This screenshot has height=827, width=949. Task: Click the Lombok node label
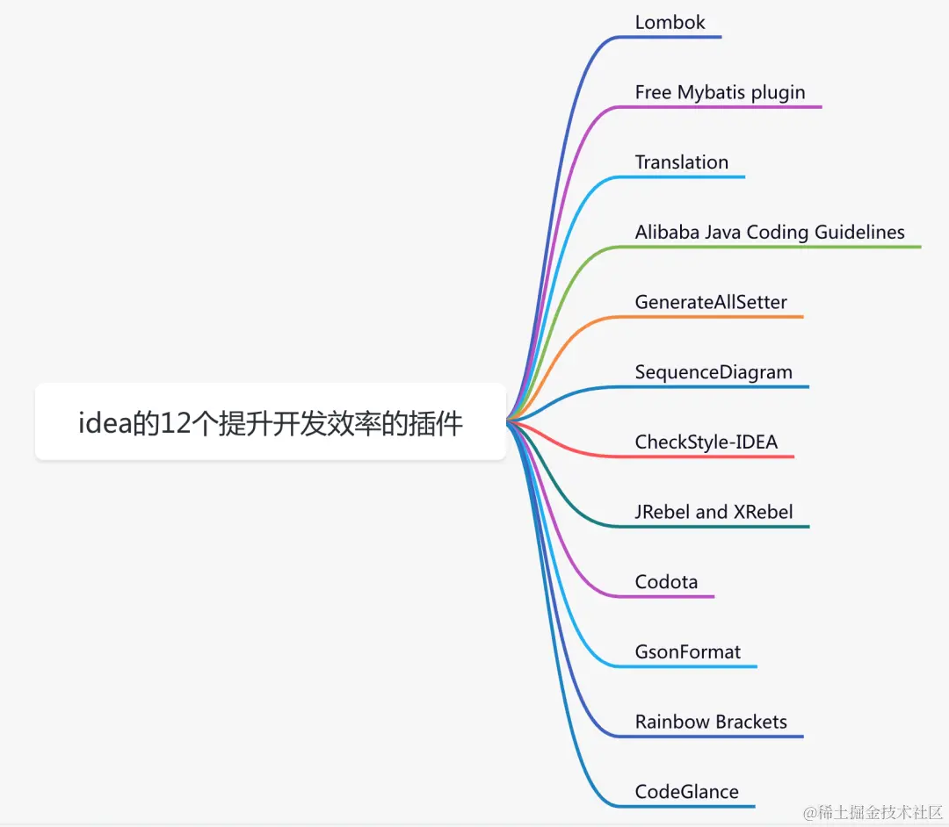[670, 23]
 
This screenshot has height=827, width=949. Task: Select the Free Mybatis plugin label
[720, 92]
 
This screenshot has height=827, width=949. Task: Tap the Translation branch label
[681, 162]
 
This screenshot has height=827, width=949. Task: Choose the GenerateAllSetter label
[711, 302]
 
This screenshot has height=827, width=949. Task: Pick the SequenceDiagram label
[714, 372]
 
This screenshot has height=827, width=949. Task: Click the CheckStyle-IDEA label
[706, 442]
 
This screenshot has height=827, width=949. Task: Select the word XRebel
[764, 512]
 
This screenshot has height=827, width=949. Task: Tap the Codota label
[666, 582]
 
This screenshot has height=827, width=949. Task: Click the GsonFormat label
[688, 652]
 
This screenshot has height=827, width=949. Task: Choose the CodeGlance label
[687, 792]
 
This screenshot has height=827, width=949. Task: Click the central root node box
[271, 421]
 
